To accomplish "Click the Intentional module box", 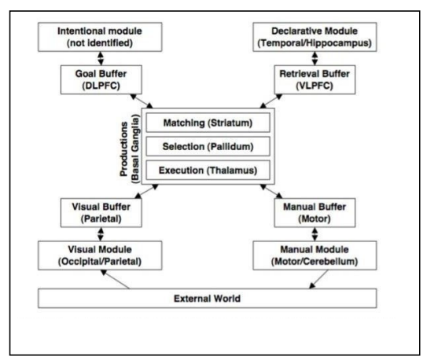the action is click(x=100, y=37).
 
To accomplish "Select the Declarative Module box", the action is click(x=315, y=37).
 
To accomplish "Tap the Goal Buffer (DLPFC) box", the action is click(x=101, y=79).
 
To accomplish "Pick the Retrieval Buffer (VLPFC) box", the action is click(x=315, y=79).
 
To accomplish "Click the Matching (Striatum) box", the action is click(x=208, y=123).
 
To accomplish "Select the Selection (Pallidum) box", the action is click(x=208, y=146).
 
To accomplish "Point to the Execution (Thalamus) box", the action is click(x=208, y=170).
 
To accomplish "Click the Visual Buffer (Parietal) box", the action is click(x=101, y=213).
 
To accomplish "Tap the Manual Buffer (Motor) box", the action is click(x=315, y=213).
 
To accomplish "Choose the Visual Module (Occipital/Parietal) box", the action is click(x=100, y=255).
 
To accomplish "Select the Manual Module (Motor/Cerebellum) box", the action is click(x=315, y=255).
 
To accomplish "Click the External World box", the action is click(x=208, y=299).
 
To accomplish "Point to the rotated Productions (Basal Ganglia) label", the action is click(x=130, y=149).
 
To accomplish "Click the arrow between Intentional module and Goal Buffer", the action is click(x=101, y=58).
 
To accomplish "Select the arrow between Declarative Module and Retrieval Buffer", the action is click(x=315, y=58).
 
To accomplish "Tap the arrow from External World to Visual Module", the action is click(x=115, y=279).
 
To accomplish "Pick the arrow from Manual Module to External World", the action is click(x=319, y=279).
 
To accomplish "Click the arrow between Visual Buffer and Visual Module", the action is click(x=101, y=234).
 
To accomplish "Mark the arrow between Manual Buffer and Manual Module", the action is click(x=315, y=234).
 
